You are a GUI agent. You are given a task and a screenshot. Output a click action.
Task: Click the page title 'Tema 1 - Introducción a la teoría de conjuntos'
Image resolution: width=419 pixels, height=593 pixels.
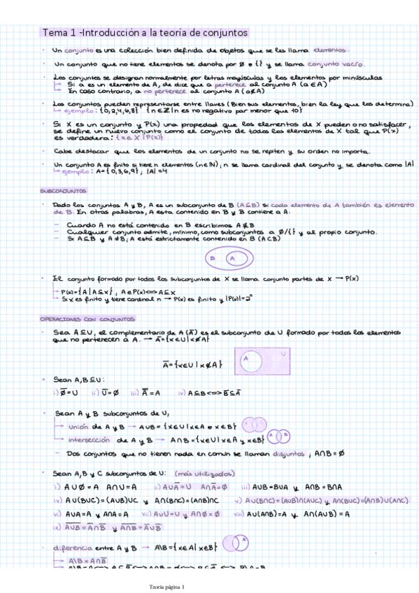[144, 33]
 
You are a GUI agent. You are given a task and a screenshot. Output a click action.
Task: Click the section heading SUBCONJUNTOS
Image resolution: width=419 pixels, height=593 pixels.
[63, 190]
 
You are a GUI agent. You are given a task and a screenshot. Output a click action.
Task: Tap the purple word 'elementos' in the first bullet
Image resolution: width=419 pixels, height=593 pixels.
[332, 50]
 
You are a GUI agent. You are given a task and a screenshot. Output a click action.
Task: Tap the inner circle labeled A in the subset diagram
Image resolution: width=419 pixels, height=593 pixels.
[231, 258]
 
